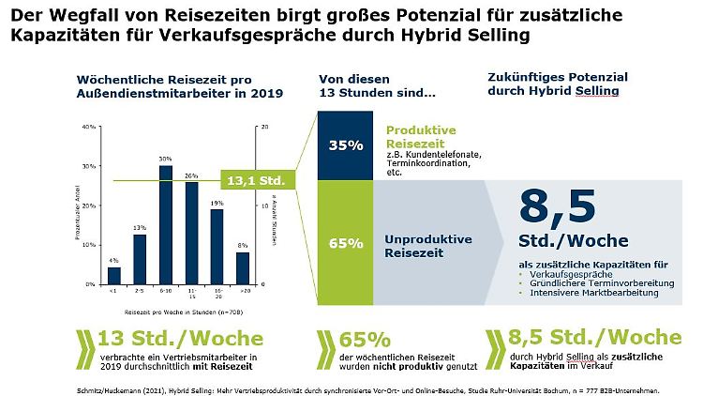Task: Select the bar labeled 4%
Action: (x=114, y=275)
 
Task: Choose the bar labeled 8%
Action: (x=242, y=267)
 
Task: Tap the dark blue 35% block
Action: (x=346, y=145)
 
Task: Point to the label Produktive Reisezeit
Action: (x=420, y=137)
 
